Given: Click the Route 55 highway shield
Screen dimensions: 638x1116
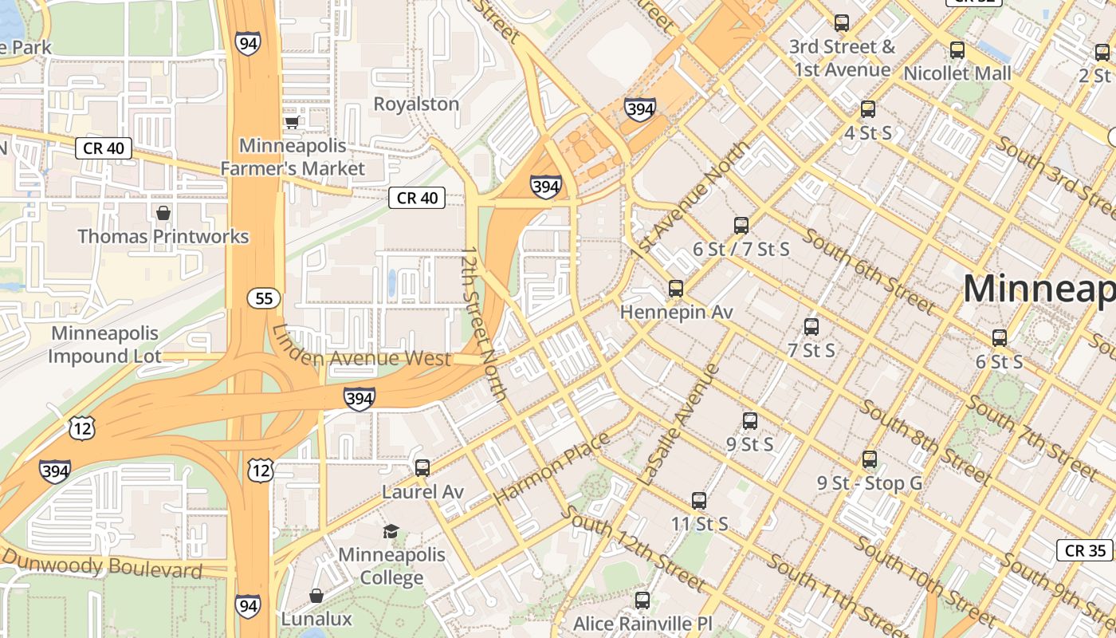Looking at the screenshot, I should [x=263, y=298].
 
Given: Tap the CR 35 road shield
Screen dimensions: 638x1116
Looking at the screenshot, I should [x=1085, y=550].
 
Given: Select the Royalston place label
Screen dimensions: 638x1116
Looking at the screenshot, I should [x=416, y=104].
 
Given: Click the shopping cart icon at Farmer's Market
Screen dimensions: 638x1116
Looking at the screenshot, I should [x=292, y=122].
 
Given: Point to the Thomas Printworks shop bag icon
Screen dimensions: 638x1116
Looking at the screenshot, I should [x=163, y=213].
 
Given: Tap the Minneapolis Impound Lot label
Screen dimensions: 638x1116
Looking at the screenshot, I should [x=104, y=345].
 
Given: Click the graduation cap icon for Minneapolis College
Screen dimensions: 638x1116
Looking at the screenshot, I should [x=391, y=531].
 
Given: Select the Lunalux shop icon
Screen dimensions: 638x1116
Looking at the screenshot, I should [x=316, y=596].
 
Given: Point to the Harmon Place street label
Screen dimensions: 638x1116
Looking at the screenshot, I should [x=552, y=468].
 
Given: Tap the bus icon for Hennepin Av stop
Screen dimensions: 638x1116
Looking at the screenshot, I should [x=676, y=288].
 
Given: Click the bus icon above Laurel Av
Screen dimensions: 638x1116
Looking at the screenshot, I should [x=422, y=467].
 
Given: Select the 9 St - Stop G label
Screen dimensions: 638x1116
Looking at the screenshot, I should [x=869, y=483].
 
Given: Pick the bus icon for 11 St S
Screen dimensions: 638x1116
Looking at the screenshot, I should [x=699, y=501].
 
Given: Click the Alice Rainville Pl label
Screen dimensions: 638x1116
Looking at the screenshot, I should [x=642, y=623].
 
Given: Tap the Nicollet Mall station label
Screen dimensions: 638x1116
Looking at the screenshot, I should [x=957, y=73].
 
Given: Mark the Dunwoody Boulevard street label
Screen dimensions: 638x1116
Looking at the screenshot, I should [x=102, y=567].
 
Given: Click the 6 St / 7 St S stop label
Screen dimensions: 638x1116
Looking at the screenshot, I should [x=741, y=250].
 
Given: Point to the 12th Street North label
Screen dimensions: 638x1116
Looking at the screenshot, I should [x=484, y=323].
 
